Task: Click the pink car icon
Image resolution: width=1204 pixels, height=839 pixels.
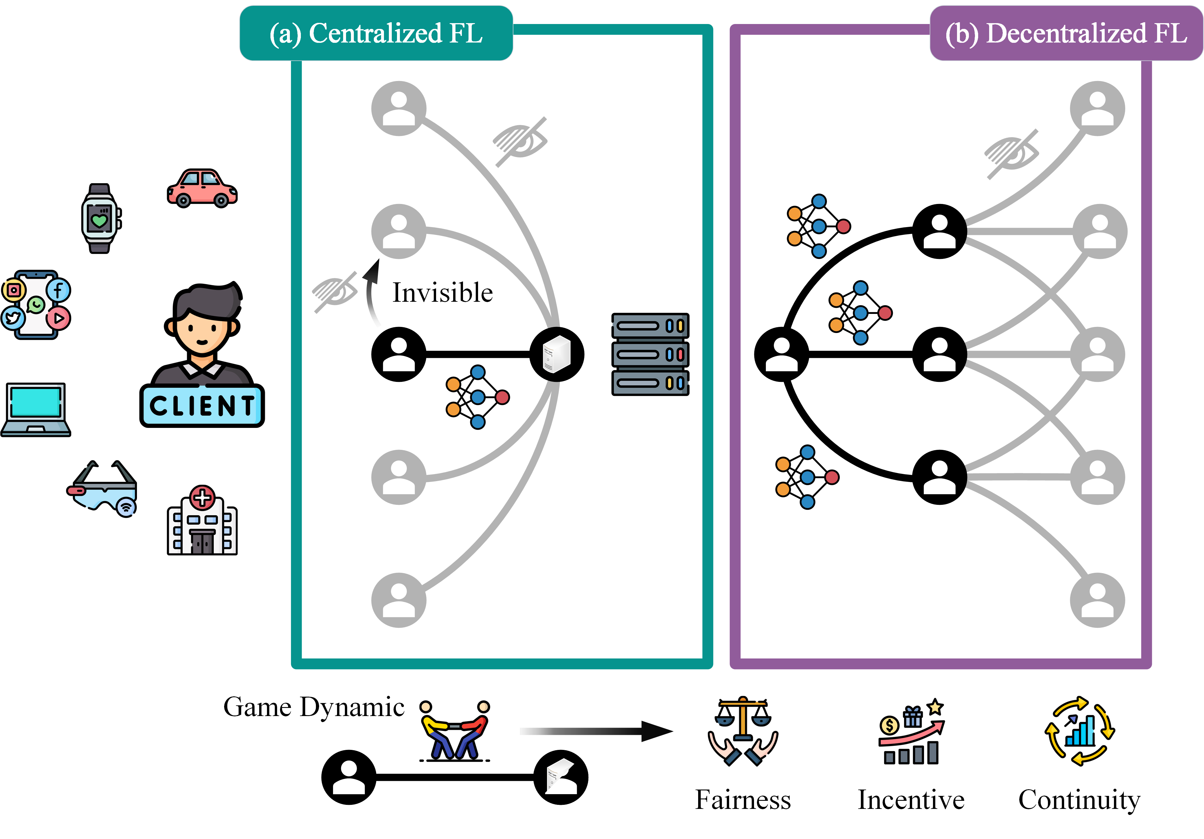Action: point(202,189)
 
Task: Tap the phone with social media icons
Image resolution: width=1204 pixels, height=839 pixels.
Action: point(36,305)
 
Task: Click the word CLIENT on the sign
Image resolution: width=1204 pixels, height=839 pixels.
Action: point(202,406)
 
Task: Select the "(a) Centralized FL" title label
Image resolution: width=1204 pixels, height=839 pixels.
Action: point(376,34)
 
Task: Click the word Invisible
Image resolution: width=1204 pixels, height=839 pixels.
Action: point(442,292)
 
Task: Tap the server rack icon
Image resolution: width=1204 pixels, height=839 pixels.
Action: point(650,354)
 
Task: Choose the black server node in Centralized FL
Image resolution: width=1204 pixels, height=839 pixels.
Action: point(556,354)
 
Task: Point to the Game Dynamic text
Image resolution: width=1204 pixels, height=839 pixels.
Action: point(314,707)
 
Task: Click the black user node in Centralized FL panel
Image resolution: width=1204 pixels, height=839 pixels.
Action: point(398,354)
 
